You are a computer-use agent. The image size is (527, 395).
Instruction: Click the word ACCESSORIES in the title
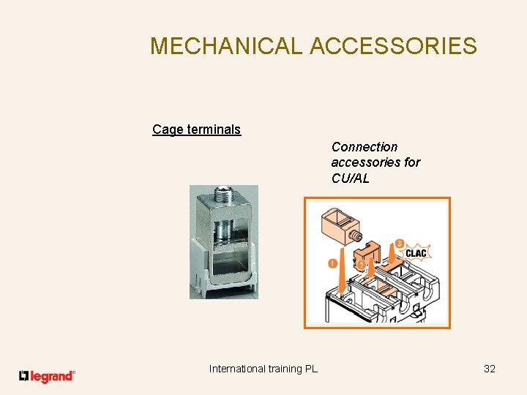(x=393, y=46)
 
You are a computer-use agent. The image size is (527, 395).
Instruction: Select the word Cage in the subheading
(x=167, y=129)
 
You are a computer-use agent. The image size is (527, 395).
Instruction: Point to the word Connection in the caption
(x=365, y=147)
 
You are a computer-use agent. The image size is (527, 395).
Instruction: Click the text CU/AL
(x=351, y=178)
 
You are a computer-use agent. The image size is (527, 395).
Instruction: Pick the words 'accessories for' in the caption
(x=375, y=162)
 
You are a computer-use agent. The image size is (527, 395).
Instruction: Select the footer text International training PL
(x=263, y=369)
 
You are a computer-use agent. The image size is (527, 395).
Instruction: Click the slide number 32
(x=490, y=369)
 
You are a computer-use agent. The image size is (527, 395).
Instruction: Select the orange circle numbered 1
(x=332, y=263)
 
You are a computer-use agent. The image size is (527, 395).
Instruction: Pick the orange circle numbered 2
(x=361, y=263)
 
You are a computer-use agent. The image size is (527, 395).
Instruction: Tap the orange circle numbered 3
(x=399, y=243)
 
